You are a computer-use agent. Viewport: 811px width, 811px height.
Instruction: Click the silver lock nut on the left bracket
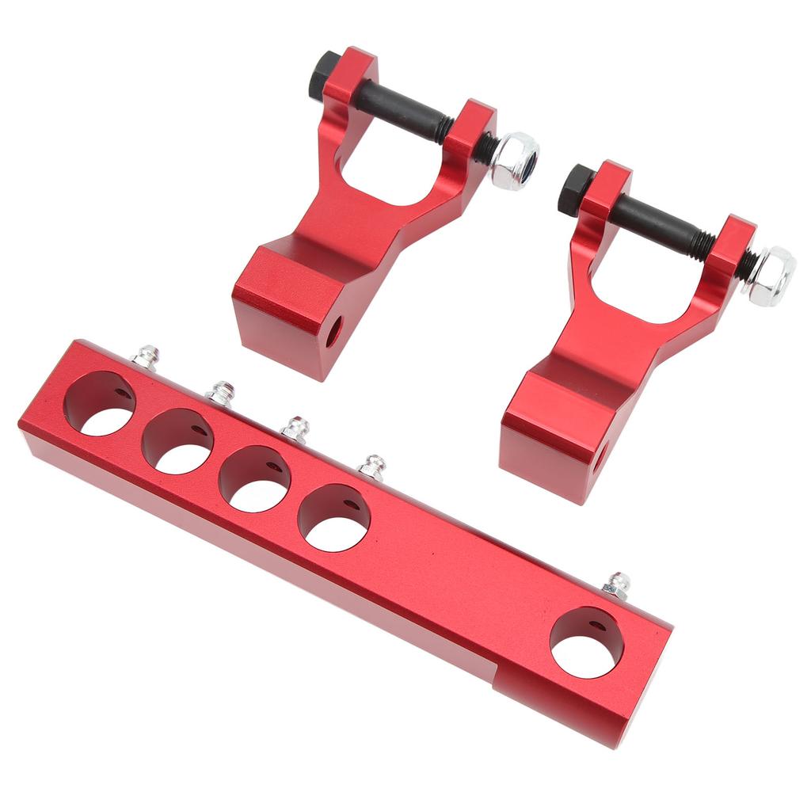click(x=513, y=160)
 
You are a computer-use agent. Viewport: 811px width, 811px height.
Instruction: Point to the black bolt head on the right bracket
click(x=576, y=188)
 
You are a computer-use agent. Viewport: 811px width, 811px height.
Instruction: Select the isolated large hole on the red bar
click(x=586, y=642)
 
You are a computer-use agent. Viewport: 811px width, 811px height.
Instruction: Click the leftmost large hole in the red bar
click(x=100, y=404)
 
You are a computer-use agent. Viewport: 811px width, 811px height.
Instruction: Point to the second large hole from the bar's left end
click(x=177, y=442)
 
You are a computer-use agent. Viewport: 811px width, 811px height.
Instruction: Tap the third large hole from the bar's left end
click(x=254, y=479)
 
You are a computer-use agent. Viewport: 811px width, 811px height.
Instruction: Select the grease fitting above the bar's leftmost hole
click(x=146, y=356)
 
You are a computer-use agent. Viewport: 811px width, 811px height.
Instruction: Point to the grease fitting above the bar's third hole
click(x=295, y=428)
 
